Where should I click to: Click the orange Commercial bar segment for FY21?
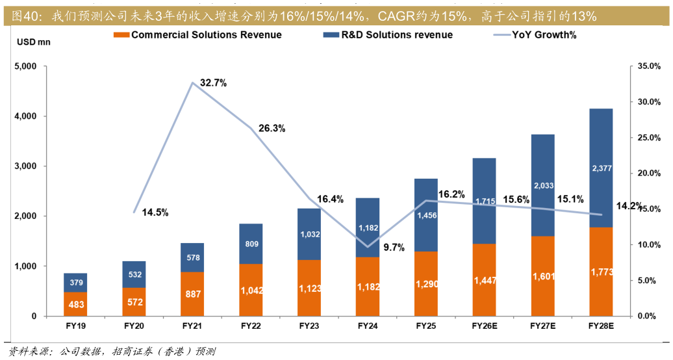tap(192, 294)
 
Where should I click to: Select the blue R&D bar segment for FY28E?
tap(602, 168)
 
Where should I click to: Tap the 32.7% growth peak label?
tap(213, 83)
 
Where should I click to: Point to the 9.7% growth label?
tap(394, 247)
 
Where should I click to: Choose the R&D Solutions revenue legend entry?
tap(397, 35)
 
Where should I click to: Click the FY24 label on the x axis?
tap(368, 326)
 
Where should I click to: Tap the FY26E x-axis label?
tap(485, 326)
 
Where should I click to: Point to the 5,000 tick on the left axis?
tap(26, 66)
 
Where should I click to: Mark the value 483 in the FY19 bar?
tap(75, 304)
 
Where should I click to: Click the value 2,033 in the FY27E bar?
tap(543, 186)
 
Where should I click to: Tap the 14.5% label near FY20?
tap(155, 212)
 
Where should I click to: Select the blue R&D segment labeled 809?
tap(251, 244)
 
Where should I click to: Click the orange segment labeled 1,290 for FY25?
tap(426, 284)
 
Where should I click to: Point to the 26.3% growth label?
tap(272, 128)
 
